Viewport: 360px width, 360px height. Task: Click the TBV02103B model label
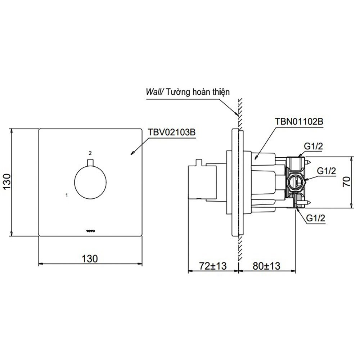[x=171, y=132]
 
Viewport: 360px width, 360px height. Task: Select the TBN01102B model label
[x=299, y=121]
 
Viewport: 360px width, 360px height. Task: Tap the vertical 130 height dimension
[x=7, y=181]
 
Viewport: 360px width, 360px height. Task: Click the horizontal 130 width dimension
[x=90, y=259]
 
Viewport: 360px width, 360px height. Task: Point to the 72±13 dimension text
[x=213, y=266]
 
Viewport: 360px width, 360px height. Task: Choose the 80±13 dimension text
[x=266, y=266]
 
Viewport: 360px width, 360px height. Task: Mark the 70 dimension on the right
[x=347, y=181]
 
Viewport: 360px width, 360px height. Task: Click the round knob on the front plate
[x=90, y=183]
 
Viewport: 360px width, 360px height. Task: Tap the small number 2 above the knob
[x=90, y=153]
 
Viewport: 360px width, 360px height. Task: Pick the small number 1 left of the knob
[x=67, y=195]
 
